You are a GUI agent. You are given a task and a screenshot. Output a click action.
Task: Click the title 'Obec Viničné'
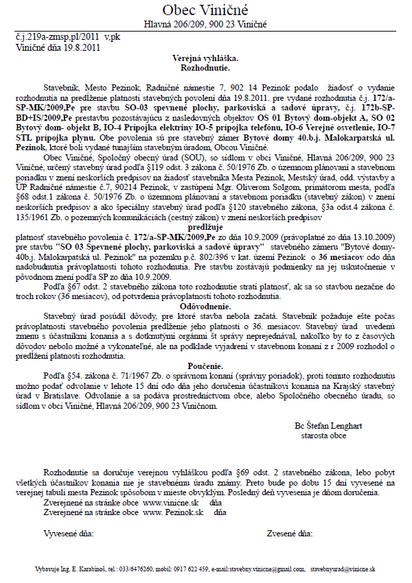pyautogui.click(x=205, y=10)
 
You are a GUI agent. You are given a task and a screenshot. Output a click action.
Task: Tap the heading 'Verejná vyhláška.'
pyautogui.click(x=205, y=60)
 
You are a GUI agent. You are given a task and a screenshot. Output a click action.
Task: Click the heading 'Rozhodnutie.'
pyautogui.click(x=205, y=69)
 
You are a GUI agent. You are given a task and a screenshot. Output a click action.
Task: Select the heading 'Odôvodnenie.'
pyautogui.click(x=205, y=306)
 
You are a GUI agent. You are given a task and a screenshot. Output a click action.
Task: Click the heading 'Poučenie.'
pyautogui.click(x=205, y=367)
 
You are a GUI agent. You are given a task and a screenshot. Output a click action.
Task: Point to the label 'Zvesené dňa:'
pyautogui.click(x=290, y=532)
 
